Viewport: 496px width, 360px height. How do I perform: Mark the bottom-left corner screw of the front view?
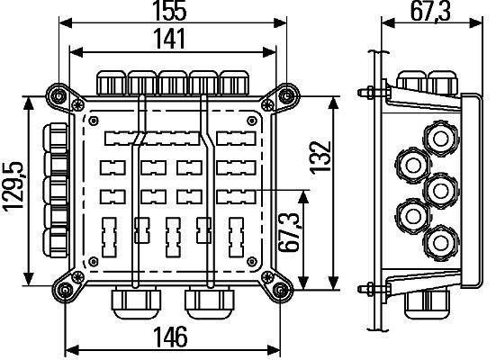pos(64,290)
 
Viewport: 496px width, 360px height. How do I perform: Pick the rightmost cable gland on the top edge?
pos(235,82)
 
